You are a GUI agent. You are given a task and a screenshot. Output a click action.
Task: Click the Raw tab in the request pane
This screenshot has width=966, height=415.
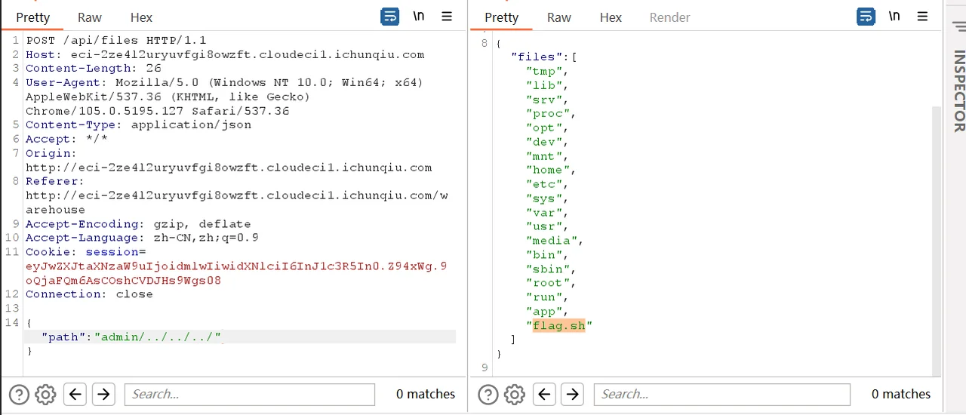pyautogui.click(x=89, y=17)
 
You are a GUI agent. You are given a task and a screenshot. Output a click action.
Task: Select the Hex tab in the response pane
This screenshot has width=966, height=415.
pyautogui.click(x=611, y=17)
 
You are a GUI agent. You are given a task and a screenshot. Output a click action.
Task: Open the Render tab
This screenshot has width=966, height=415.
pyautogui.click(x=669, y=17)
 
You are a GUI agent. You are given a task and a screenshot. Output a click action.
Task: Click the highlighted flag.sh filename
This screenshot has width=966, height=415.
pyautogui.click(x=559, y=326)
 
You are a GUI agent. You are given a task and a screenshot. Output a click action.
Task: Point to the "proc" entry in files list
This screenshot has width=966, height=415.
pyautogui.click(x=551, y=114)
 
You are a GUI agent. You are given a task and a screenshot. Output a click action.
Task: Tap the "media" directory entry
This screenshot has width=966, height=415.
pyautogui.click(x=554, y=241)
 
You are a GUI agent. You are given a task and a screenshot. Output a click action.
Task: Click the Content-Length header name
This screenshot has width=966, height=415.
pyautogui.click(x=78, y=69)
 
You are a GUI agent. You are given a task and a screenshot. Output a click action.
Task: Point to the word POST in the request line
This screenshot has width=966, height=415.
pyautogui.click(x=41, y=41)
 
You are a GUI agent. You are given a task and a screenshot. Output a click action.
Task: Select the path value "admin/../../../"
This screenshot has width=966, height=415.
pyautogui.click(x=158, y=337)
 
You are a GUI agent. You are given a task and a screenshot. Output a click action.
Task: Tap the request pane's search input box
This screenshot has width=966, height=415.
pyautogui.click(x=249, y=395)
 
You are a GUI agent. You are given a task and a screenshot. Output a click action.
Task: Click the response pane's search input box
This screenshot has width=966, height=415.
pyautogui.click(x=722, y=395)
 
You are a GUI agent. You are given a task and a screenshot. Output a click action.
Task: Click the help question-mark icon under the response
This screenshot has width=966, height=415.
pyautogui.click(x=488, y=395)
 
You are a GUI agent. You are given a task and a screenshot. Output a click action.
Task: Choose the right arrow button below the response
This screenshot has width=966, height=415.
pyautogui.click(x=572, y=395)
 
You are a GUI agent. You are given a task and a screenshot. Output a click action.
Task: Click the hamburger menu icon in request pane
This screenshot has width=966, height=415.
pyautogui.click(x=447, y=17)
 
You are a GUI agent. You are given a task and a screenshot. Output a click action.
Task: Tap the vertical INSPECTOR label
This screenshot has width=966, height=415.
pyautogui.click(x=959, y=91)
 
